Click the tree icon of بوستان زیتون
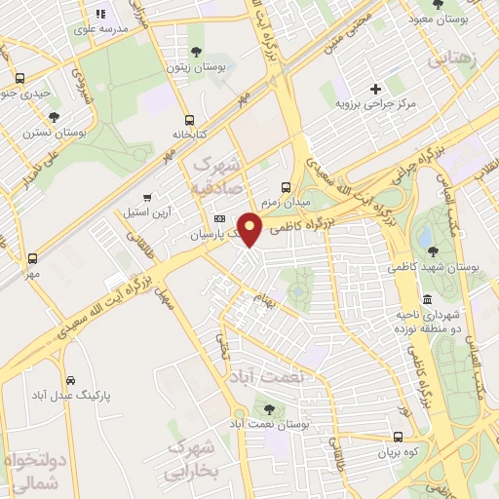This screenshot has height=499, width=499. [x=198, y=51]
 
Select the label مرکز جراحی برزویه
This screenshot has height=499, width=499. [x=375, y=102]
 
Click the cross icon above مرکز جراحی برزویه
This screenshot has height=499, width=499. [x=375, y=89]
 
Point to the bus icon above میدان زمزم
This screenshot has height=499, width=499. [x=286, y=187]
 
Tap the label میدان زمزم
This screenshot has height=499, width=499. [x=286, y=201]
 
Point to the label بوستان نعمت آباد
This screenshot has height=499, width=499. [x=270, y=426]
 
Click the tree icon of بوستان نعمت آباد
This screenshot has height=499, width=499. [x=269, y=410]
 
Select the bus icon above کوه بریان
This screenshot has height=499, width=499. [x=398, y=438]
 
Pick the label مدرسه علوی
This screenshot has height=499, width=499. [x=98, y=29]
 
